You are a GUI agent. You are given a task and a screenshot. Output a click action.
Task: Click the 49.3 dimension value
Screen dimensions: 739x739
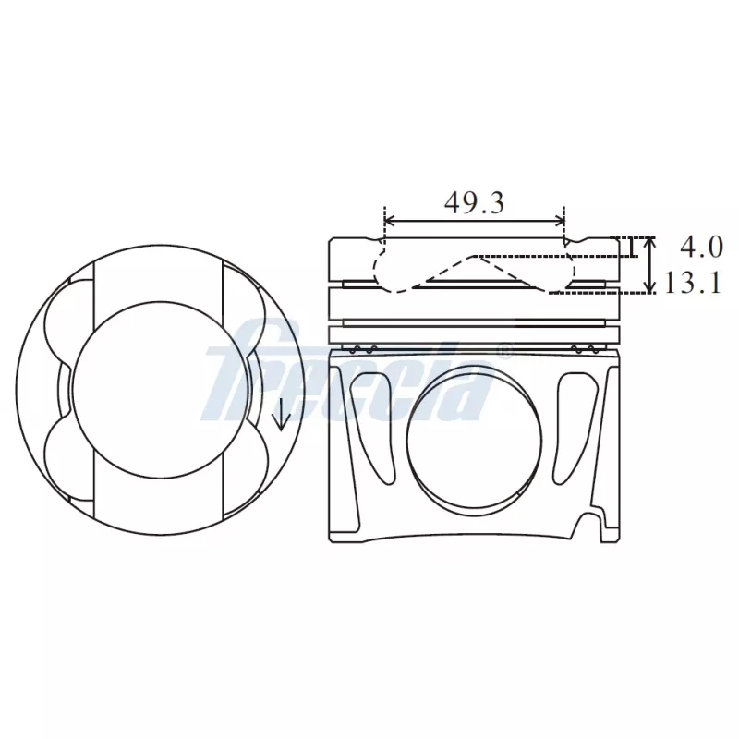474,203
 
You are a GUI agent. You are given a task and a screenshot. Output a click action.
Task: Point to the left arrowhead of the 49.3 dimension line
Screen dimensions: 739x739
389,221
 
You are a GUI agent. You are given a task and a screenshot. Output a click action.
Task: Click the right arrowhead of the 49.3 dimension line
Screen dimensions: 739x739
560,221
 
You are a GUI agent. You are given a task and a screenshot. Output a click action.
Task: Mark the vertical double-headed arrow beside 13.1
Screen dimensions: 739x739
651,265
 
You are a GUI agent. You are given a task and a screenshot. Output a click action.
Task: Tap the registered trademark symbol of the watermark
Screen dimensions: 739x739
504,350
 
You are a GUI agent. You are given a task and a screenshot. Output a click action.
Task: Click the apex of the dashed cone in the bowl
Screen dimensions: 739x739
477,256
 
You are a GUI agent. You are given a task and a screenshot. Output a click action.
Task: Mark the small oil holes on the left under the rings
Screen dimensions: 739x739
361,348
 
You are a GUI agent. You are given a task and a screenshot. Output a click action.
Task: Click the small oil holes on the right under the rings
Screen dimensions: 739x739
584,348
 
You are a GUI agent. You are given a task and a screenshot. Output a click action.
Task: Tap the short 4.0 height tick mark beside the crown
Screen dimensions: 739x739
629,247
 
